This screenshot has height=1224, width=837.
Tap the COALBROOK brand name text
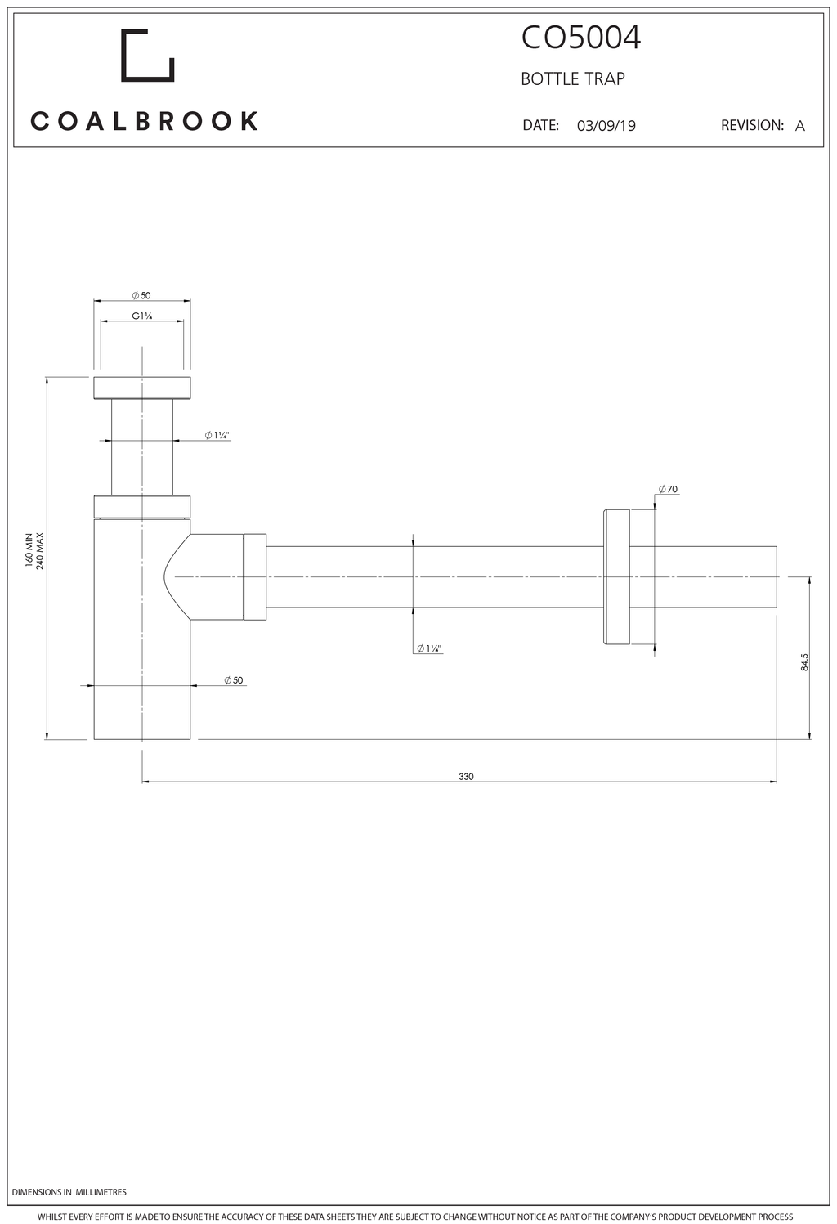click(144, 121)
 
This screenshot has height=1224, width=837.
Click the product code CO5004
click(581, 38)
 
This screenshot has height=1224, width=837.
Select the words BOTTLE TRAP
click(572, 79)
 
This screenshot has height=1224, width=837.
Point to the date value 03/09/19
click(606, 126)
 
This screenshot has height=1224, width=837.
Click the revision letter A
click(800, 126)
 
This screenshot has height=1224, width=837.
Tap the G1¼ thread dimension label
click(141, 316)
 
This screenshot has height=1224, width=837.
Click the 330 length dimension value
click(466, 777)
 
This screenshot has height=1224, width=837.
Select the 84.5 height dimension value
click(804, 661)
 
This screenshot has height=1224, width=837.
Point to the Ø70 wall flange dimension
click(668, 489)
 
